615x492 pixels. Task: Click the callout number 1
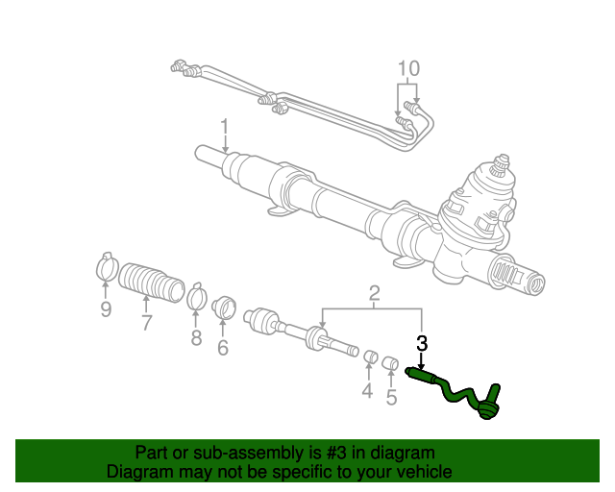click(224, 127)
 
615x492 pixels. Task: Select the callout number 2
click(375, 293)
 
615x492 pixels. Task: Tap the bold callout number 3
click(421, 343)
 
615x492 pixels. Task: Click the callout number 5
click(391, 396)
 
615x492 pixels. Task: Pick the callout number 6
click(222, 347)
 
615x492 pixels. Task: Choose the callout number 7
click(146, 322)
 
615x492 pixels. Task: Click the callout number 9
click(106, 309)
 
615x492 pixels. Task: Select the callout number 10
click(408, 68)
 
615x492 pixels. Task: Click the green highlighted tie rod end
click(456, 391)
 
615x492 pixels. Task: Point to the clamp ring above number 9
click(106, 267)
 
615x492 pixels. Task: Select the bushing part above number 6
click(225, 308)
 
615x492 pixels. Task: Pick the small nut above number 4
click(368, 359)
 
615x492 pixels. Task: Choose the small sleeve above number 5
click(391, 363)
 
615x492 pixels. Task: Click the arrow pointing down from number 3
click(421, 360)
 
